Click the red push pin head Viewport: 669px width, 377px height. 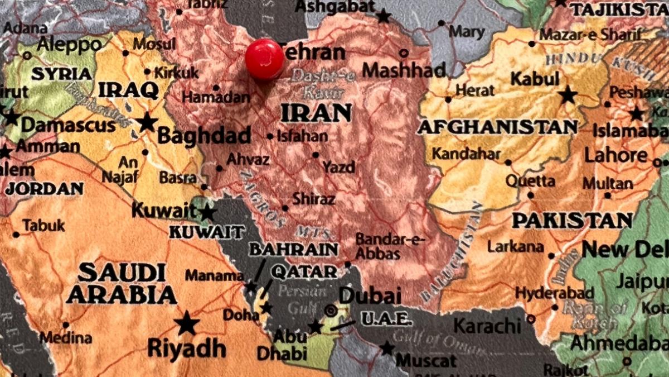pos(264,59)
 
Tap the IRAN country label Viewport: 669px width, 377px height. pos(316,113)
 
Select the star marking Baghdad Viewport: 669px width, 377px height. pos(147,122)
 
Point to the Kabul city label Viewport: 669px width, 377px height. pos(535,79)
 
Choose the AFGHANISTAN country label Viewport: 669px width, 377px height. pos(497,127)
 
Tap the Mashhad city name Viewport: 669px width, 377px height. pos(404,70)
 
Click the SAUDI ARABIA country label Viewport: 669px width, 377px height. pos(121,283)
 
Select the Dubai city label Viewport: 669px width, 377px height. pos(370,295)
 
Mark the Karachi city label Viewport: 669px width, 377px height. pos(487,325)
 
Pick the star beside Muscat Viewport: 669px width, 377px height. pos(387,348)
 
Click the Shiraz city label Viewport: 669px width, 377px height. pos(314,198)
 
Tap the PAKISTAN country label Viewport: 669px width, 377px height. pos(572,221)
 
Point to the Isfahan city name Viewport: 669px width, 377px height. pos(302,136)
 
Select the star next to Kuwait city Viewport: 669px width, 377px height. pos(207,212)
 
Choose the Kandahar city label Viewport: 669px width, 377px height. pos(467,153)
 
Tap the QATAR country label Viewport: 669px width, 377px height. pos(304,272)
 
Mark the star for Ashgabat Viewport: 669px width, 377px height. pos(384,16)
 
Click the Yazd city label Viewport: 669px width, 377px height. pos(338,166)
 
